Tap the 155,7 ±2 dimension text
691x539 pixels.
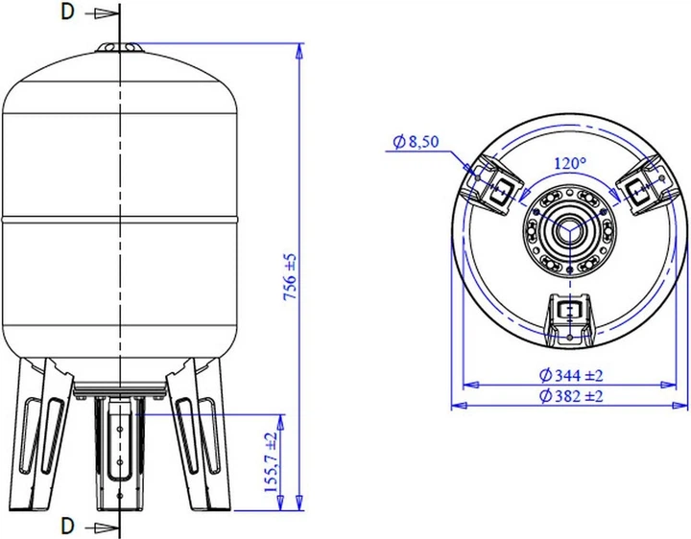pos(272,461)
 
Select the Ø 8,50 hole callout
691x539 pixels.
pos(417,142)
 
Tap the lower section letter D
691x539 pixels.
pos(66,525)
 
